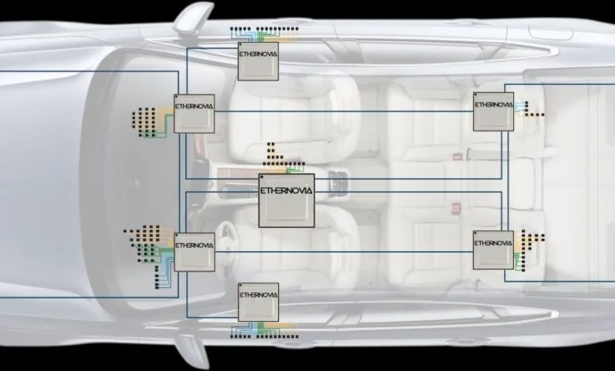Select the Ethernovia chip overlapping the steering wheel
194,252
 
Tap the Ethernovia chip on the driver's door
259,302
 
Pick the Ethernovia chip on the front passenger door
259,61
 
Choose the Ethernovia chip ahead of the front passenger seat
194,113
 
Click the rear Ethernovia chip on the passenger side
494,111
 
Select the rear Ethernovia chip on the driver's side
494,250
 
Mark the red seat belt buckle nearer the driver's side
457,207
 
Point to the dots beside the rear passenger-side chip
530,107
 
